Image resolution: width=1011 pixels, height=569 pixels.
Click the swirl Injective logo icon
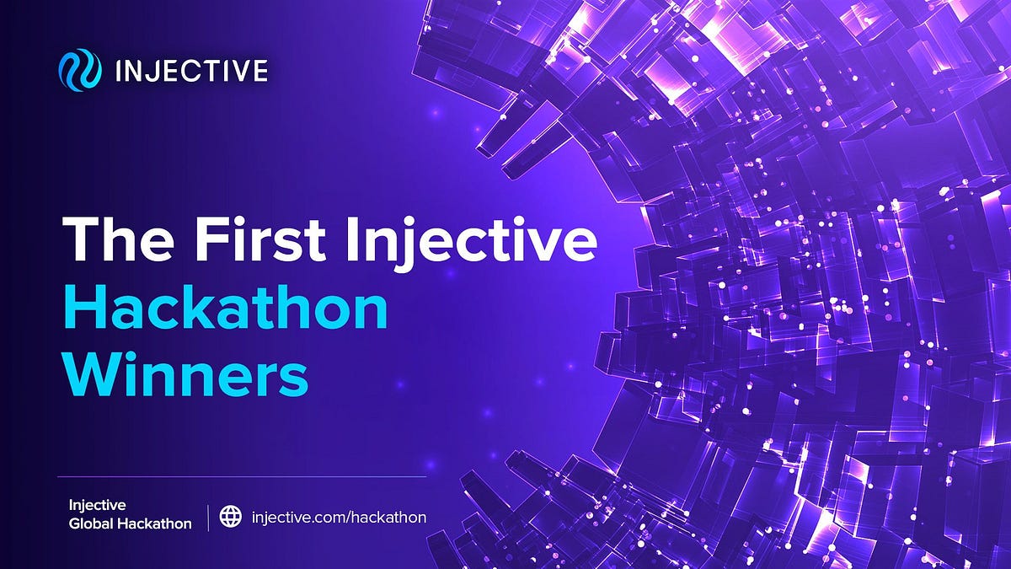(x=80, y=70)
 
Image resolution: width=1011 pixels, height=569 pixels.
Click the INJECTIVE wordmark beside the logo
(x=191, y=70)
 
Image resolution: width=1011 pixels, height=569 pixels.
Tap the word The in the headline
(x=118, y=241)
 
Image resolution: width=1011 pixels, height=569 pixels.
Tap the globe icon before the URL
(x=230, y=516)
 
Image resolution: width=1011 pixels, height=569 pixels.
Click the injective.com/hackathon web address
(x=339, y=517)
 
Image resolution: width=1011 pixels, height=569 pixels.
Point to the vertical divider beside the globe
(x=208, y=516)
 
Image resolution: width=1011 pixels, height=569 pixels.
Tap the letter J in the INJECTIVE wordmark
(x=158, y=70)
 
